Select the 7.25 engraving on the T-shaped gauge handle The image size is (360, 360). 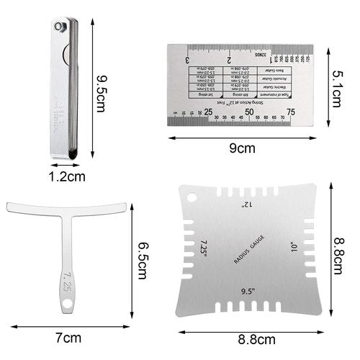[x=66, y=279]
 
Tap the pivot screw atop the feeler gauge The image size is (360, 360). [x=65, y=26]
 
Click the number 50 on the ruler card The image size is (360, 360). [x=249, y=112]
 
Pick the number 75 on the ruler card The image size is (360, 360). [x=290, y=112]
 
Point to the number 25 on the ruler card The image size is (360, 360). [x=208, y=112]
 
